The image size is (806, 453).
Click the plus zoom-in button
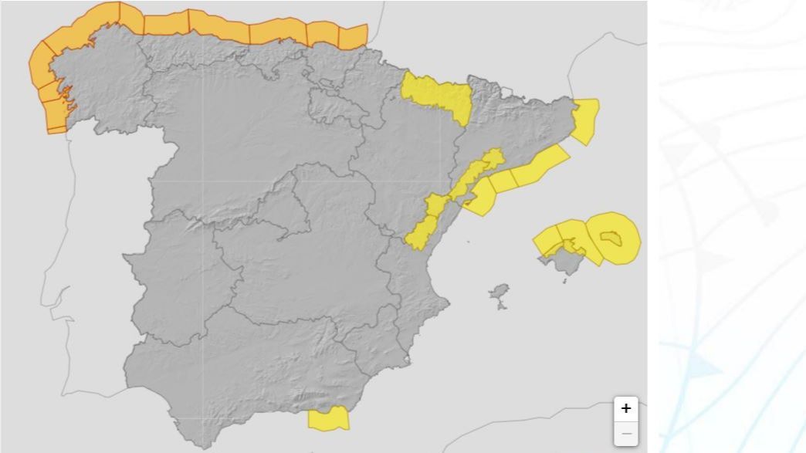(x=625, y=408)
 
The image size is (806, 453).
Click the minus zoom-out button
(x=625, y=434)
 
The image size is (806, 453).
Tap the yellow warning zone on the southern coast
(x=328, y=418)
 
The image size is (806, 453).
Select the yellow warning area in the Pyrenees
(x=439, y=96)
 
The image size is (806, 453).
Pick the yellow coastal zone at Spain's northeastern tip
(x=586, y=120)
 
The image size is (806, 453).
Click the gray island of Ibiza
(x=500, y=294)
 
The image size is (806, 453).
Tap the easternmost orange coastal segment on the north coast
(x=354, y=36)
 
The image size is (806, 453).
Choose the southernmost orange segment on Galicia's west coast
(x=57, y=120)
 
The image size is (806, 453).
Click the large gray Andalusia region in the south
(x=247, y=370)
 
